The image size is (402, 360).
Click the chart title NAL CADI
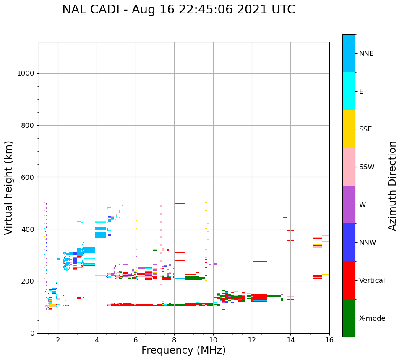178,10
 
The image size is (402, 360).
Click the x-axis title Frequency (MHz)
183,350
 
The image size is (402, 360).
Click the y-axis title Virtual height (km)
9,188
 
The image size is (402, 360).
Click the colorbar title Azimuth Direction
392,186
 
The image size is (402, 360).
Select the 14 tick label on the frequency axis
290,340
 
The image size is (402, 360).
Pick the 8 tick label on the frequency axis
174,340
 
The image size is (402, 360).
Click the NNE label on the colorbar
366,54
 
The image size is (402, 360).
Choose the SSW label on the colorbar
366,167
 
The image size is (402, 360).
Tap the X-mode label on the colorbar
372,318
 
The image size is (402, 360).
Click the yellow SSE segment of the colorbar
349,129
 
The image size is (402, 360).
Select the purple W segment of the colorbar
349,205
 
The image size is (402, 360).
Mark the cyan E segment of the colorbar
349,91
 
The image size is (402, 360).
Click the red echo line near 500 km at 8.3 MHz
180,204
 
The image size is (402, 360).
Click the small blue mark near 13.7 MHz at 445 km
285,218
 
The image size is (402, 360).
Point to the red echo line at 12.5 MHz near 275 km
260,261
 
